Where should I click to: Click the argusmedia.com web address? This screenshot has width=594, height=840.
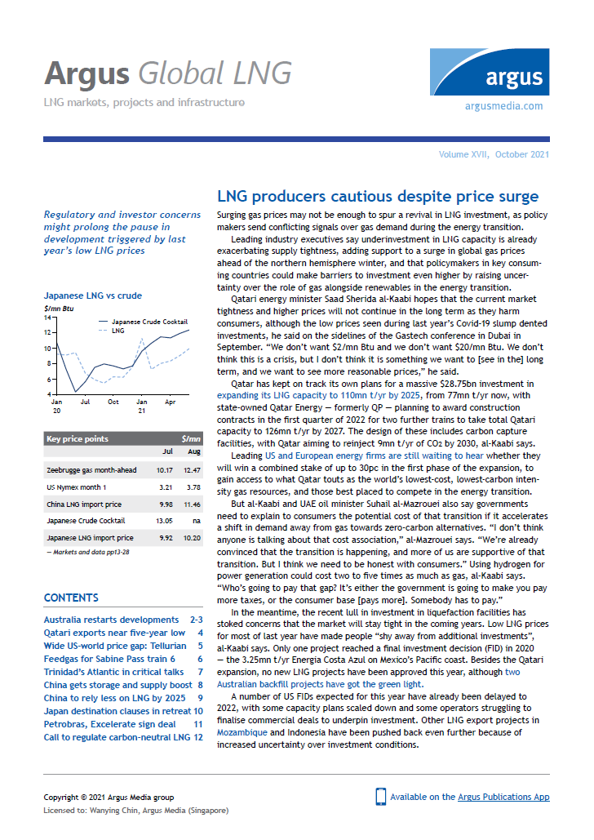[503, 106]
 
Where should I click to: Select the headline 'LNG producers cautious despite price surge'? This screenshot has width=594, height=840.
[377, 197]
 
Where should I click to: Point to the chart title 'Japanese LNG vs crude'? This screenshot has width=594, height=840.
[84, 296]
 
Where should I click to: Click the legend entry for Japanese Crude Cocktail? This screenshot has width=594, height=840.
[148, 322]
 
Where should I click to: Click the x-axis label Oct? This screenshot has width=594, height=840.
[113, 402]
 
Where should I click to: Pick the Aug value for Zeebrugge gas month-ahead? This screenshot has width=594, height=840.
[189, 470]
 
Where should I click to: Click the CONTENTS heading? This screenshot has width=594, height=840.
[72, 598]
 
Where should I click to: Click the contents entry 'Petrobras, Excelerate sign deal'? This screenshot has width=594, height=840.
[109, 724]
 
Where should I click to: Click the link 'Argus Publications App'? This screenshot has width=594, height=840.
[514, 796]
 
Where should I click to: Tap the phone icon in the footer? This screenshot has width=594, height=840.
[379, 797]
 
